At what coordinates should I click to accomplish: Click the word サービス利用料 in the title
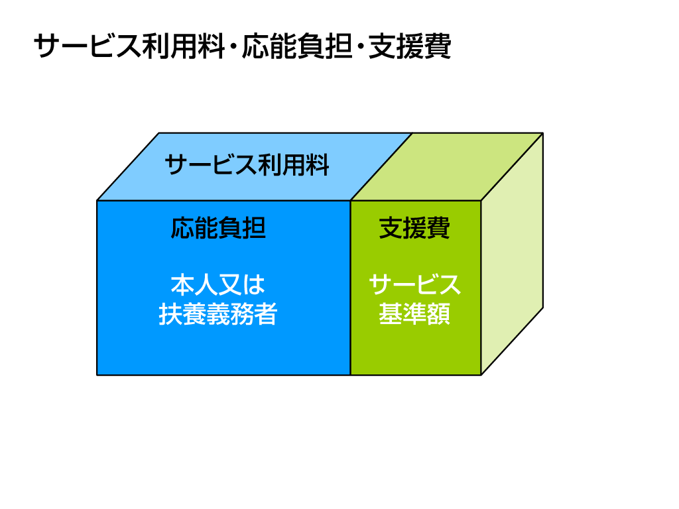129,46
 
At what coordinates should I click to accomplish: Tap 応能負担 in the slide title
296,46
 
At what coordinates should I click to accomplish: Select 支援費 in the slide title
410,46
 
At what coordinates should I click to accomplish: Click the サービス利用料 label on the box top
247,165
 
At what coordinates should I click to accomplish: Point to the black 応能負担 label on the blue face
218,228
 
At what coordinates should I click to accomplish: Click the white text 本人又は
217,285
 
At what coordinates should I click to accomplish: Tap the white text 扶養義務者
217,313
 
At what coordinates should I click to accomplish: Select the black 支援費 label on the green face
414,228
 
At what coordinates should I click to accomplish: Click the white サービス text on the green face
414,285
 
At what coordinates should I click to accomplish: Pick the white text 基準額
414,313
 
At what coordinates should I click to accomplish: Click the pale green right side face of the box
513,254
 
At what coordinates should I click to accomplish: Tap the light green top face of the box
447,166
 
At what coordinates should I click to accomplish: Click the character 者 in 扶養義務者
265,313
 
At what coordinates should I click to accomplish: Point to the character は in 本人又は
253,285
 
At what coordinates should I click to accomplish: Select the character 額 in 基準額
439,313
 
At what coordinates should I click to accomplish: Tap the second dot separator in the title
360,47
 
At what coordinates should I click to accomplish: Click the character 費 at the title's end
438,46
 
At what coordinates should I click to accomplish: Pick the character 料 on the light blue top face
318,165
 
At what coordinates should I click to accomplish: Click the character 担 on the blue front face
254,228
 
